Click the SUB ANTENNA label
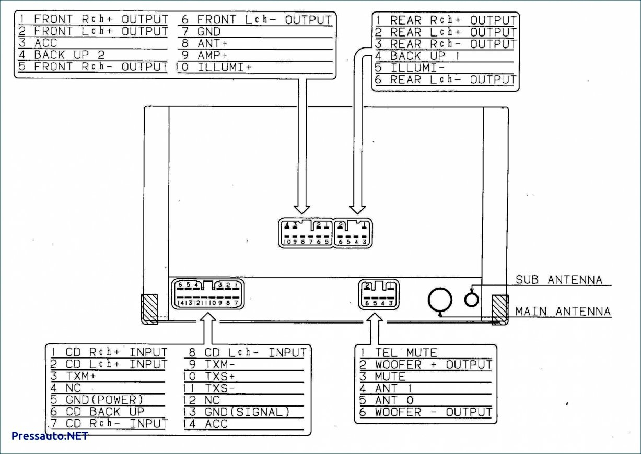click(x=558, y=280)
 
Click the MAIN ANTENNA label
click(x=563, y=312)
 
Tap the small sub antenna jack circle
click(x=471, y=300)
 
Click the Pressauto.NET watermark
click(x=50, y=436)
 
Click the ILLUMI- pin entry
click(x=417, y=68)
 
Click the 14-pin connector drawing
click(x=208, y=293)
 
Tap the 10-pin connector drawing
click(x=305, y=233)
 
